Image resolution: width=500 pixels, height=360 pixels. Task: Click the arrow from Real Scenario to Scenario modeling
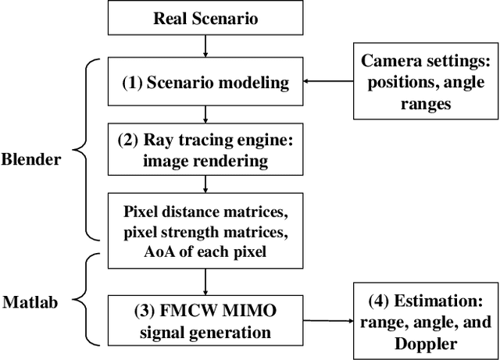click(x=204, y=49)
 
